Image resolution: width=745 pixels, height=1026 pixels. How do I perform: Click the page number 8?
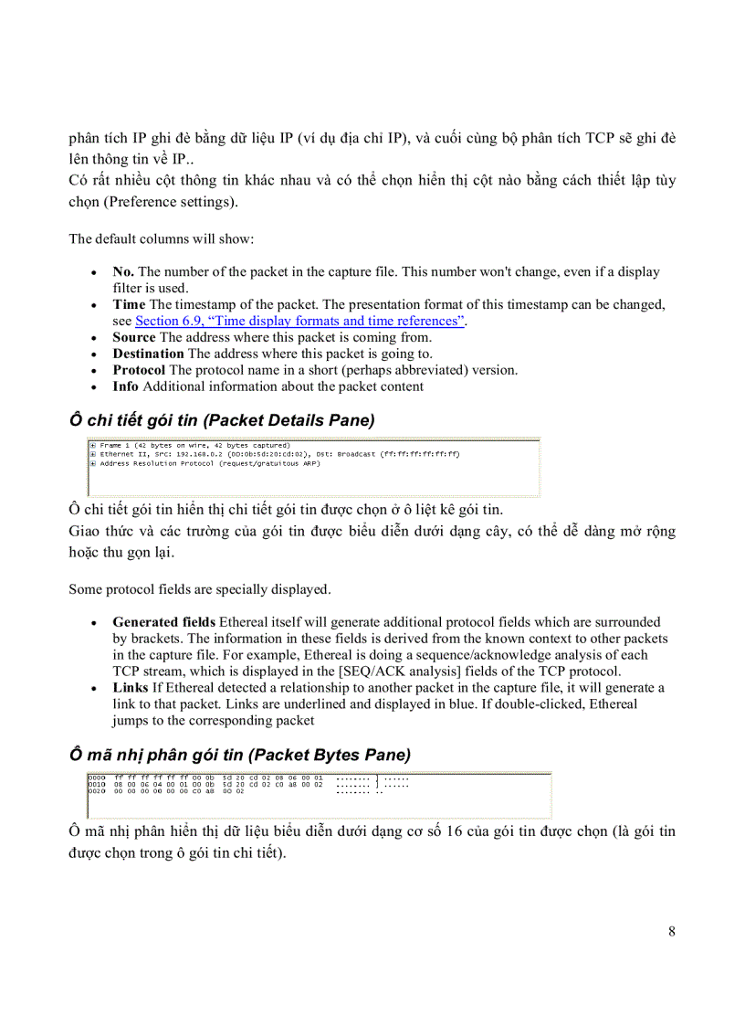[x=671, y=932]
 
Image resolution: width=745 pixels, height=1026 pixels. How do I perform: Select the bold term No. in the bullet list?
[x=123, y=271]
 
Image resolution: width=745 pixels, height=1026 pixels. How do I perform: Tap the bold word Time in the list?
[x=129, y=304]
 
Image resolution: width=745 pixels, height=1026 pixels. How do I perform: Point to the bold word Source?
[x=133, y=337]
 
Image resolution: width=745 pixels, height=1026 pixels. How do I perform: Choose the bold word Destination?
[x=148, y=354]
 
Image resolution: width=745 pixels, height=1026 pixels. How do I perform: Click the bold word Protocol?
[x=139, y=370]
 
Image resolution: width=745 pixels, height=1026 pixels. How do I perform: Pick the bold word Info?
[x=126, y=386]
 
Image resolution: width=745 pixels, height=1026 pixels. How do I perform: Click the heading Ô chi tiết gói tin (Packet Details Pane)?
[x=221, y=419]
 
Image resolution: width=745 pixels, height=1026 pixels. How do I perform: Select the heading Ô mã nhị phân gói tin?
[x=239, y=755]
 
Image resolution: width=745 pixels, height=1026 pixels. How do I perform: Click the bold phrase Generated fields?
[x=164, y=622]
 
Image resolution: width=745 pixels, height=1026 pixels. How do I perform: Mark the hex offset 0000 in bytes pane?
[x=96, y=777]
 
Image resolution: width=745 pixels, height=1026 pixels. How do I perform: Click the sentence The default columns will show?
[x=162, y=239]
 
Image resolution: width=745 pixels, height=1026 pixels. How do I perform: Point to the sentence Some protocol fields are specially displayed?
[x=199, y=589]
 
